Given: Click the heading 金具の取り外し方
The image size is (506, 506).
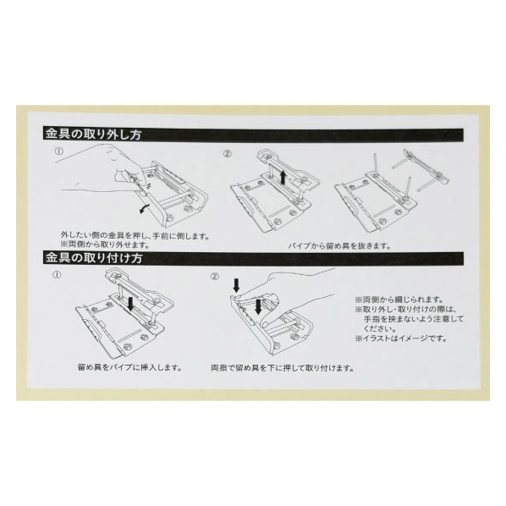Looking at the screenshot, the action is [x=93, y=135].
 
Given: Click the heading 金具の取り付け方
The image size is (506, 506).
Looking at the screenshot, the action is [x=94, y=258].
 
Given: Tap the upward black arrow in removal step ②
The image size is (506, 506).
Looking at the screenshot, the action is [x=283, y=178].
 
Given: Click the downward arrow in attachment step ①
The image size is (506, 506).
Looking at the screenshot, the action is [x=130, y=305].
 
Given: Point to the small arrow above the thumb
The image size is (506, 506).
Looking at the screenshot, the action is [x=237, y=285].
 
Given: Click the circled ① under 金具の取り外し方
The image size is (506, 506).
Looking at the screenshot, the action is [x=59, y=151].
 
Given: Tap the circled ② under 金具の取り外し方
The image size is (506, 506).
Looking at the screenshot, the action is [x=228, y=154].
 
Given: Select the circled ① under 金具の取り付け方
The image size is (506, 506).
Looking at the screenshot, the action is [x=57, y=275].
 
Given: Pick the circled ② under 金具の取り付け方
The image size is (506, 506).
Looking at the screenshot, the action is [x=215, y=277].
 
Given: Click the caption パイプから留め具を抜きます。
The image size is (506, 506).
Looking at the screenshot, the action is [x=339, y=246].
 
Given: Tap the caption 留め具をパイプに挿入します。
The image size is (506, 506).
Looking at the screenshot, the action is [x=129, y=367].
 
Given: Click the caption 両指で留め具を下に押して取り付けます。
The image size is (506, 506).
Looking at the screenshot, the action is [x=282, y=368].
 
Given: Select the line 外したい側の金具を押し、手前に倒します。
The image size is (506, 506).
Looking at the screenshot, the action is [x=135, y=236].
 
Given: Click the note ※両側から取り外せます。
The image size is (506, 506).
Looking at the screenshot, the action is [x=105, y=245].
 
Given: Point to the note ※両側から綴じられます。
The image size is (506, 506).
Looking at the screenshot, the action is [x=399, y=300].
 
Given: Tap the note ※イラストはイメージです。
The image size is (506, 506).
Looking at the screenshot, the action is [x=401, y=338].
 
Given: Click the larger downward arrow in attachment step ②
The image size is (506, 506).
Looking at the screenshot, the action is [x=258, y=306].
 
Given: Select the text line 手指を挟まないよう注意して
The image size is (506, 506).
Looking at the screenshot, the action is [x=414, y=319].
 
